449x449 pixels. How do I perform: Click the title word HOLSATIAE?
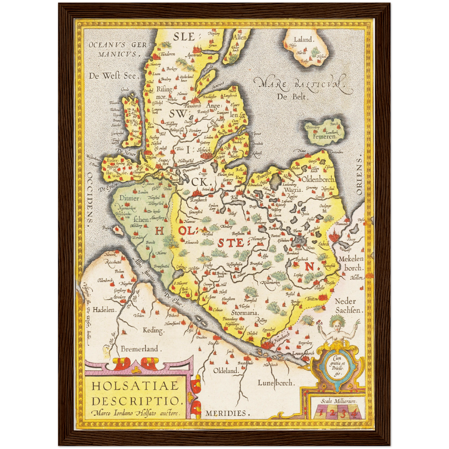pos(135,386)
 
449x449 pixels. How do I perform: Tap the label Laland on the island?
pos(303,39)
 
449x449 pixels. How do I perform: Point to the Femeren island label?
pos(324,136)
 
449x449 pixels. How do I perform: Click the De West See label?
pos(112,76)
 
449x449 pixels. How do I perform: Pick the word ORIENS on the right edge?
pos(359,176)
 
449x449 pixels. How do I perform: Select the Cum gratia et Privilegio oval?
pos(337,367)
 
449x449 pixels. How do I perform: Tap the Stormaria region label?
pos(245,313)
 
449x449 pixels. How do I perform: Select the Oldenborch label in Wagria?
pos(318,179)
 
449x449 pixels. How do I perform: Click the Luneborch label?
pos(275,383)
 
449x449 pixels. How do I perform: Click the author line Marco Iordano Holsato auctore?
pos(136,413)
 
